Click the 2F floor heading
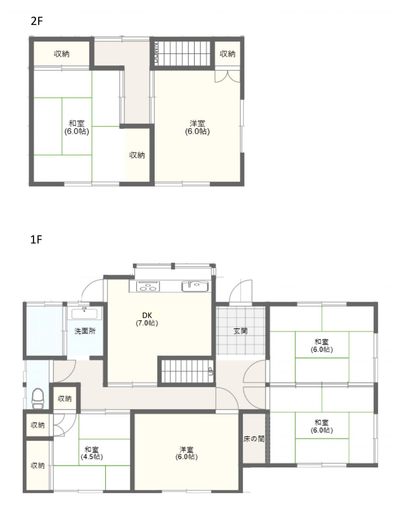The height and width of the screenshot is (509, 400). (36, 21)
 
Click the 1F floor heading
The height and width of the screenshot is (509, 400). (36, 240)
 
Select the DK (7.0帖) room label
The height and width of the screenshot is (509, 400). (147, 319)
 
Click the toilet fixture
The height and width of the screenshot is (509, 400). (38, 399)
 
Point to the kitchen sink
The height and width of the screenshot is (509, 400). (195, 286)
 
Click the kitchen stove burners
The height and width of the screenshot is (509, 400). (148, 286)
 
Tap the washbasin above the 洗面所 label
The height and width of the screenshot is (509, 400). (84, 313)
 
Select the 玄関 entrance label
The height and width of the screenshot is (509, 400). (241, 331)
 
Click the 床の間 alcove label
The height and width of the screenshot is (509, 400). (254, 439)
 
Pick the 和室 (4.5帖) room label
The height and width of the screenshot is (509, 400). (92, 453)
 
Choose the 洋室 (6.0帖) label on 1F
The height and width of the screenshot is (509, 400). (186, 453)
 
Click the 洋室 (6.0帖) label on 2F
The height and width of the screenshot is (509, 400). (197, 127)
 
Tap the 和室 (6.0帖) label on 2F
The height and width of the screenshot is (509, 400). (77, 127)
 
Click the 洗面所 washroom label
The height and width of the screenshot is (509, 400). (85, 331)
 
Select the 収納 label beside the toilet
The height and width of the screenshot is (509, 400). (64, 399)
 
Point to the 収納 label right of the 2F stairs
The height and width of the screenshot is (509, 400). (228, 54)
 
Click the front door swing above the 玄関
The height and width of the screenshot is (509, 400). (240, 291)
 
